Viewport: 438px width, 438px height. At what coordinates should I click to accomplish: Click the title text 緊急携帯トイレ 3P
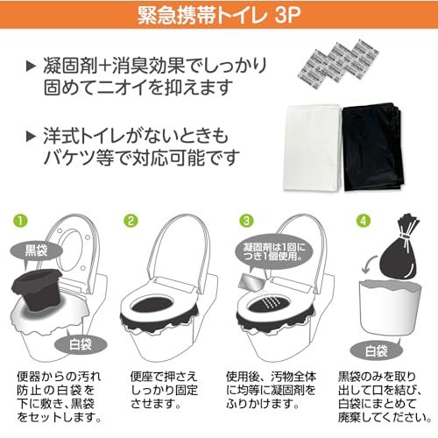[218, 15]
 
